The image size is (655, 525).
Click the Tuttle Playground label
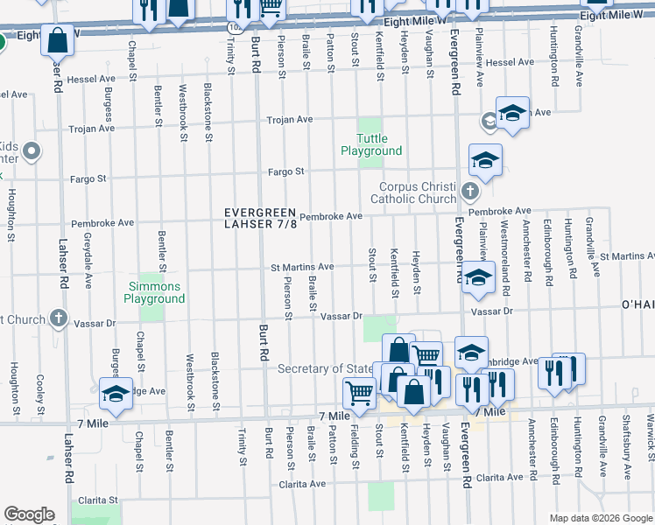(x=371, y=144)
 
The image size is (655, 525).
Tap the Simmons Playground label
(x=154, y=292)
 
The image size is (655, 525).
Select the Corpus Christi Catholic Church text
(x=418, y=192)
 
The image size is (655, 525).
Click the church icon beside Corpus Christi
(x=470, y=191)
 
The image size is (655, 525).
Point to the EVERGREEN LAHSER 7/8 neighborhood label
(x=261, y=218)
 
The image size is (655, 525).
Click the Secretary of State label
(x=324, y=368)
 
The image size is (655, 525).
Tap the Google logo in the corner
(x=29, y=514)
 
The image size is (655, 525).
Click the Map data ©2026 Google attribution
(x=600, y=518)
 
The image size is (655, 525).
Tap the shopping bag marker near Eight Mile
(x=57, y=40)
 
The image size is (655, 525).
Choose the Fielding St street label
(x=356, y=446)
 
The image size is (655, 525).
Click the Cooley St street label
(x=40, y=395)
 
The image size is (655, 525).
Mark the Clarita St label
(x=95, y=500)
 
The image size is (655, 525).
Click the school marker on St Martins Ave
(x=477, y=279)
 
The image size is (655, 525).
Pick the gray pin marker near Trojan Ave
(x=32, y=153)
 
